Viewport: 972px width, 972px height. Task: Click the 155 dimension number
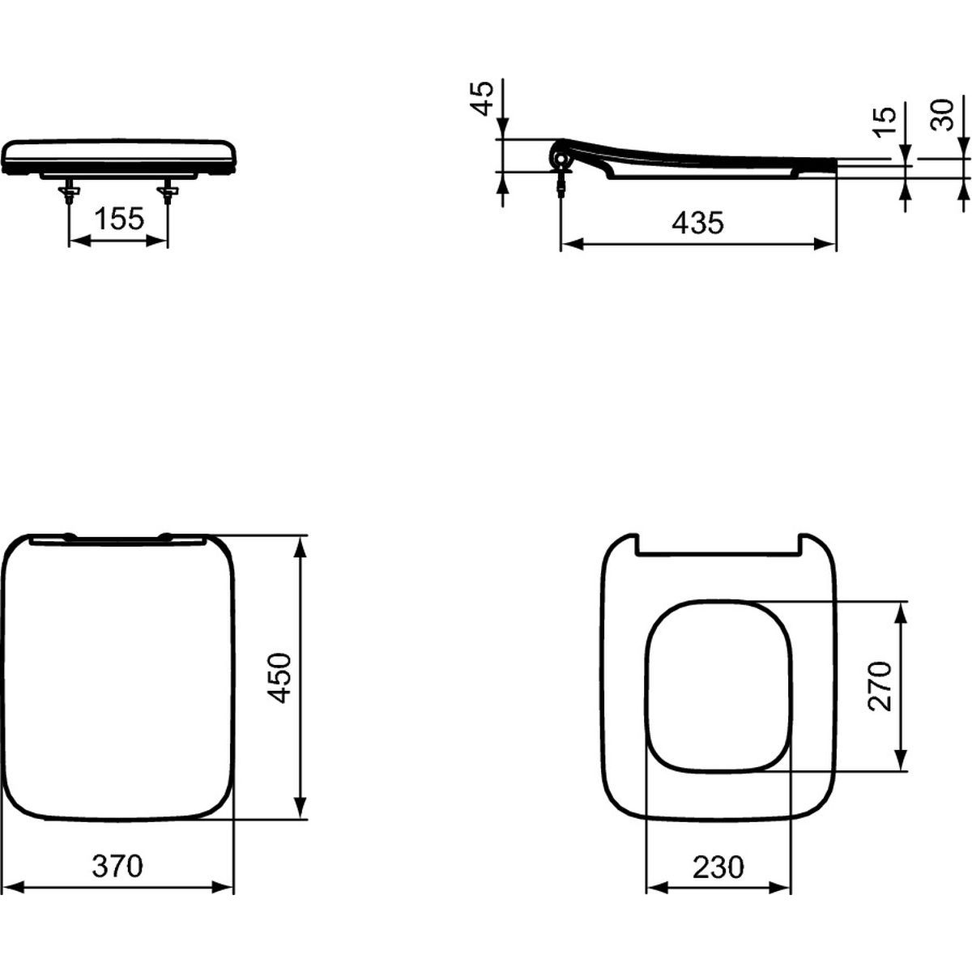click(x=120, y=220)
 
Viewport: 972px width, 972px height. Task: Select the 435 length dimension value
click(x=697, y=223)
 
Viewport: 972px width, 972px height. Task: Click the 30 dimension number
click(x=942, y=115)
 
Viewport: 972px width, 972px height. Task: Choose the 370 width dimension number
click(x=117, y=866)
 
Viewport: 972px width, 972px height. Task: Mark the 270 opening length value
click(x=880, y=686)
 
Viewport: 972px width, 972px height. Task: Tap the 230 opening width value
click(x=718, y=867)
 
